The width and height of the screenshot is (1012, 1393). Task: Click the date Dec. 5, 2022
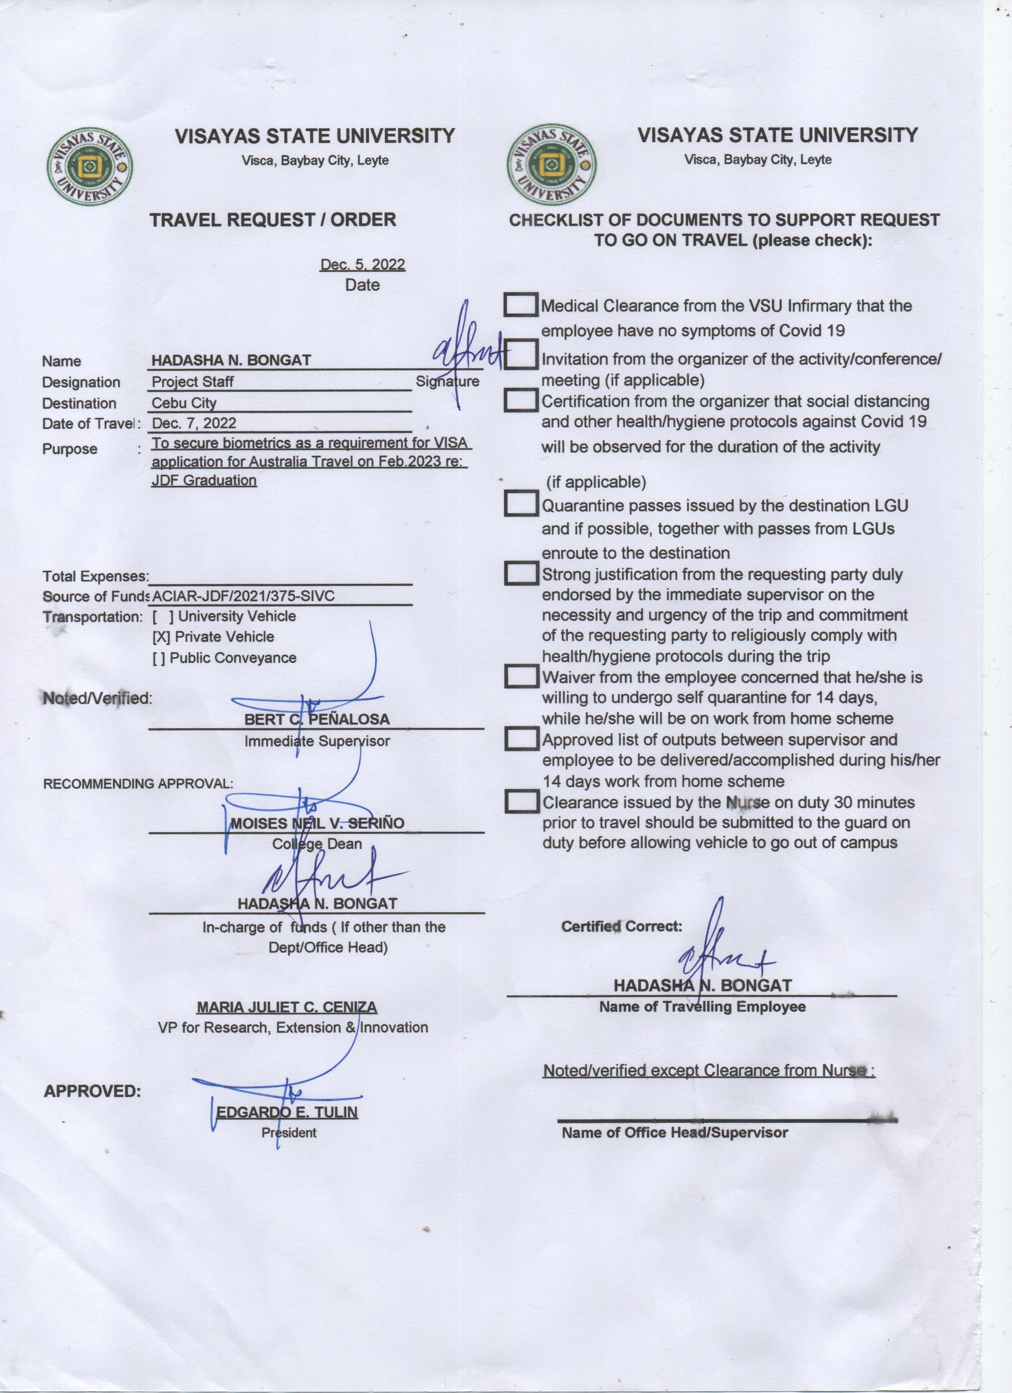pos(362,265)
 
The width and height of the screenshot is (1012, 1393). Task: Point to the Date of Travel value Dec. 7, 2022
pos(194,423)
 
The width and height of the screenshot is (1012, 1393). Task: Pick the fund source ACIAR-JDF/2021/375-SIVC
pos(244,595)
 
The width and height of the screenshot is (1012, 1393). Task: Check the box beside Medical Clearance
pos(521,305)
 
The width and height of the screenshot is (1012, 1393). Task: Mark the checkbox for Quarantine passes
pos(521,504)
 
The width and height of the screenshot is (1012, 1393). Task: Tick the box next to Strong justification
pos(521,573)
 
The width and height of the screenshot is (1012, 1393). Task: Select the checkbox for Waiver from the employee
pos(521,676)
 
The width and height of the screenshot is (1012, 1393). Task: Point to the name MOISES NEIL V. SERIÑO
pos(317,823)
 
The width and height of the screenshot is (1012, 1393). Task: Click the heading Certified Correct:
pos(621,926)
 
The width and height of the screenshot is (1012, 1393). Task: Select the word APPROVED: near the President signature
pos(92,1091)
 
